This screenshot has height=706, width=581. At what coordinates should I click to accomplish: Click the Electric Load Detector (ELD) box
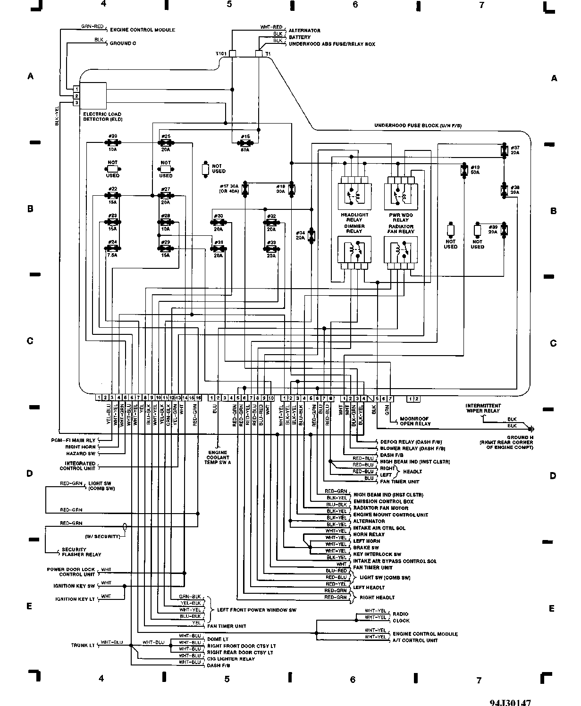tap(93, 96)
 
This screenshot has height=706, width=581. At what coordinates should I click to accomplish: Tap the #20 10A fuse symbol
tap(113, 142)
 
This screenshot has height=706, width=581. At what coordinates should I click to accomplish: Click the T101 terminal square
tap(232, 54)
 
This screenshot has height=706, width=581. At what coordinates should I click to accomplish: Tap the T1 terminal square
tap(259, 54)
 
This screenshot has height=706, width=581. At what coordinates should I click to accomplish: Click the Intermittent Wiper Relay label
tap(483, 408)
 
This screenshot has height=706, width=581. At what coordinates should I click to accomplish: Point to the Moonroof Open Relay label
tap(415, 421)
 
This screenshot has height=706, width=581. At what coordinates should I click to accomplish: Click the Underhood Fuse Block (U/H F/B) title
tap(418, 125)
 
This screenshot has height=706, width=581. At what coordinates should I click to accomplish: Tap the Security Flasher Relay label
tap(81, 552)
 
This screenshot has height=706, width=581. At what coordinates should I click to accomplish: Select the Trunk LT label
tap(83, 645)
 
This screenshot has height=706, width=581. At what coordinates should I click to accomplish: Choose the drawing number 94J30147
tap(514, 701)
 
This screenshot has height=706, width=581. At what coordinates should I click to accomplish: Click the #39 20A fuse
tap(505, 230)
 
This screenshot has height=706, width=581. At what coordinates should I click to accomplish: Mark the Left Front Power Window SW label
tap(256, 610)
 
